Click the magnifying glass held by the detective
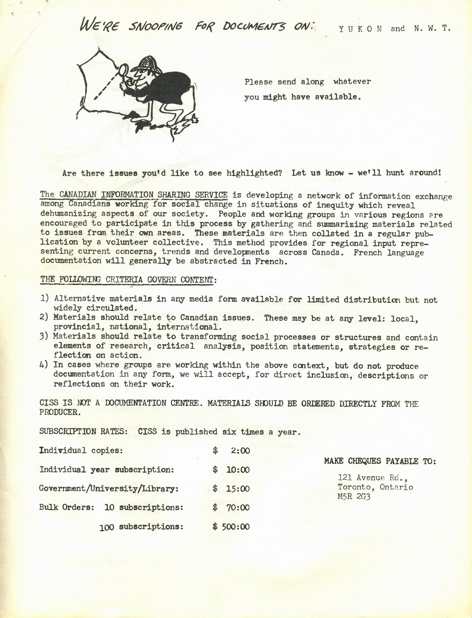[x=124, y=70]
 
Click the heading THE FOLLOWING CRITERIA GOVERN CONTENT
[x=128, y=280]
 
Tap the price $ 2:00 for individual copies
[x=231, y=451]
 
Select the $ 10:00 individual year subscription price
[x=231, y=470]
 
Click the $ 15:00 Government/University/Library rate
[x=231, y=488]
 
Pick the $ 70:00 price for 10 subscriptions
[x=231, y=507]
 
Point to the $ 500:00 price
[x=231, y=527]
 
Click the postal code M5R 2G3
[x=354, y=496]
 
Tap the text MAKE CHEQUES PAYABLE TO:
[x=380, y=461]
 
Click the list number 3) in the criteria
[x=45, y=336]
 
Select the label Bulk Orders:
[x=66, y=507]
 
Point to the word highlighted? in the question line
[x=254, y=173]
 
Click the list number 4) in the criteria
[x=45, y=365]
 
